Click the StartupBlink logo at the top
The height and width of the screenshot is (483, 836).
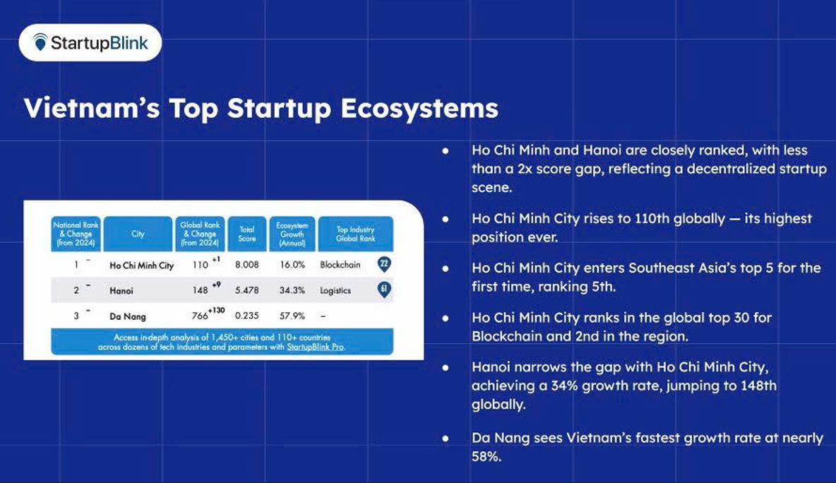pyautogui.click(x=90, y=42)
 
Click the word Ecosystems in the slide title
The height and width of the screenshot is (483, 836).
pyautogui.click(x=419, y=108)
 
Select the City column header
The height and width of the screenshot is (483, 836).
pyautogui.click(x=138, y=234)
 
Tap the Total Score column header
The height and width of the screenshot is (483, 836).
pyautogui.click(x=247, y=234)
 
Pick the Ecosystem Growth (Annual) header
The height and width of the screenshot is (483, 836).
pyautogui.click(x=292, y=234)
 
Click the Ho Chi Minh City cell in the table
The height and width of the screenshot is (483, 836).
pyautogui.click(x=141, y=266)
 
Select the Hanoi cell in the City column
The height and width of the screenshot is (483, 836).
pyautogui.click(x=121, y=290)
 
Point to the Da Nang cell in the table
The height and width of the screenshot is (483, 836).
pyautogui.click(x=127, y=316)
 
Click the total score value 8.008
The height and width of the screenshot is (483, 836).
pyautogui.click(x=247, y=264)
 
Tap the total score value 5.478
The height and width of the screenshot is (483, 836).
pyautogui.click(x=247, y=290)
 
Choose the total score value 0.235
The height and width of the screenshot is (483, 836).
pyautogui.click(x=247, y=316)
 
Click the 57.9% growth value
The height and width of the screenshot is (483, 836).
pyautogui.click(x=292, y=316)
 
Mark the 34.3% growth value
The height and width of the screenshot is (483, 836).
pyautogui.click(x=292, y=290)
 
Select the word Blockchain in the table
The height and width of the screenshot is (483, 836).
pyautogui.click(x=340, y=264)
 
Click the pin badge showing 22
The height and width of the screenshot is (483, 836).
pyautogui.click(x=384, y=264)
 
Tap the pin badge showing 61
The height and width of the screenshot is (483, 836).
pyautogui.click(x=384, y=290)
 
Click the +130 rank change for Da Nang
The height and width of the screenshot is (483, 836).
pyautogui.click(x=217, y=310)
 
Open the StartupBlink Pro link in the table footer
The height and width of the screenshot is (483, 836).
pyautogui.click(x=316, y=347)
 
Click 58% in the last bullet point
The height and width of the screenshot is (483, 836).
pyautogui.click(x=486, y=456)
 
